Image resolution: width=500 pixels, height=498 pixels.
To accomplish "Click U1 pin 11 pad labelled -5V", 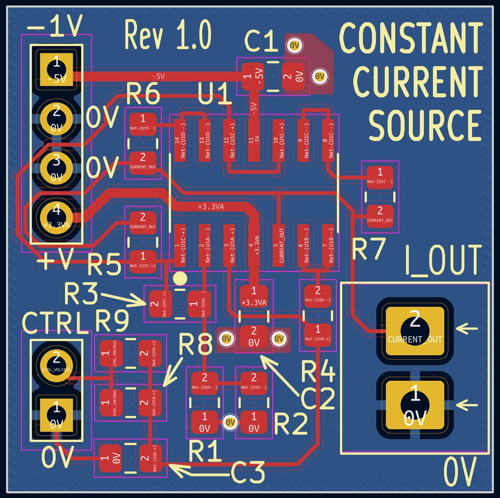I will click(x=254, y=141).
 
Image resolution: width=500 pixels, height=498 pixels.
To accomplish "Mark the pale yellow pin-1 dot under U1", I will click(x=180, y=278).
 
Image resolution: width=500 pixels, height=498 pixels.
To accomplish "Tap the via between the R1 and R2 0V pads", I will click(x=230, y=422).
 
